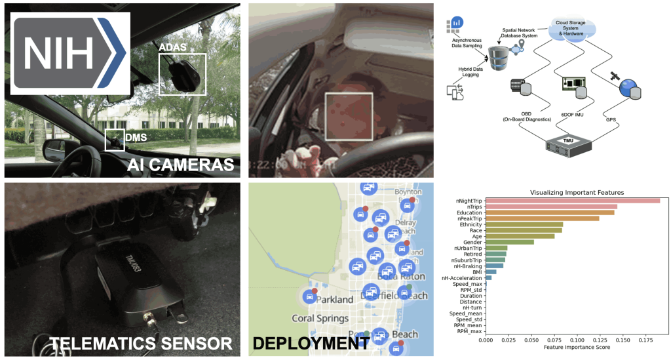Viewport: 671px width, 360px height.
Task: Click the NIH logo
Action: [x=69, y=52]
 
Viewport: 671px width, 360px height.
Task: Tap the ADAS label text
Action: [x=172, y=47]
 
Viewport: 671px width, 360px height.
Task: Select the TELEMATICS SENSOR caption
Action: [x=141, y=343]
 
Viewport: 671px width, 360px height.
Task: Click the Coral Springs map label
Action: [x=319, y=319]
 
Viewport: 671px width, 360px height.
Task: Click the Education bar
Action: [x=550, y=212]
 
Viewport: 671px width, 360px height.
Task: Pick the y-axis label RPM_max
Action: [x=469, y=331]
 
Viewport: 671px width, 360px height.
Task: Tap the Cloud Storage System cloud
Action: [x=572, y=30]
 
